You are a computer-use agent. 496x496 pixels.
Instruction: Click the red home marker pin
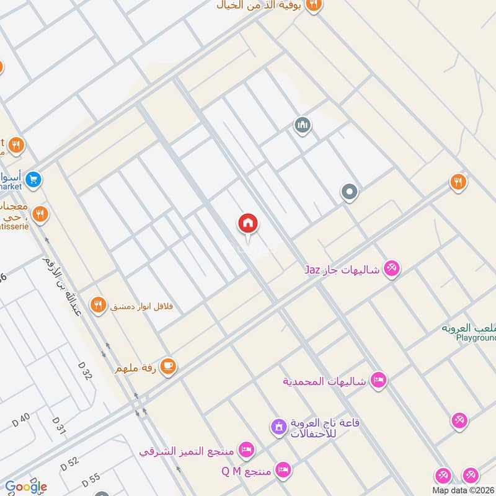click(x=248, y=224)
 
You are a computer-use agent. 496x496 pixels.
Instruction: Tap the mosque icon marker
click(x=303, y=126)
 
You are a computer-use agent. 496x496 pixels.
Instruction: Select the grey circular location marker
click(x=350, y=192)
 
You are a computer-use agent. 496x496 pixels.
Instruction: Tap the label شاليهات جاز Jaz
click(x=342, y=269)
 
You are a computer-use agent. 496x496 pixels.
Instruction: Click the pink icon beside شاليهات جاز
click(x=391, y=268)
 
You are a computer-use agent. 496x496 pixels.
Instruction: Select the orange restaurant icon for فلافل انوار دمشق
click(x=97, y=305)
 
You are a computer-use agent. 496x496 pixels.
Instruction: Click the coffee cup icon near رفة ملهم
click(x=167, y=368)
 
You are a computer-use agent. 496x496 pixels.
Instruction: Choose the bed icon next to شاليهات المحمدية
click(x=378, y=379)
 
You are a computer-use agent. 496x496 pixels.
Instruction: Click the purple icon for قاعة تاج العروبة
click(x=278, y=427)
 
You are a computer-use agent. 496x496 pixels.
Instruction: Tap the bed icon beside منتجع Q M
click(x=283, y=469)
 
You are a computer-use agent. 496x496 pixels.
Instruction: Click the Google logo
click(x=26, y=487)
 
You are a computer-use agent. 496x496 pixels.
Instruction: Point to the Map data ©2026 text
click(x=464, y=490)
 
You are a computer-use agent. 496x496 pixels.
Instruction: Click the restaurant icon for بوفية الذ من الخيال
click(x=314, y=5)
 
